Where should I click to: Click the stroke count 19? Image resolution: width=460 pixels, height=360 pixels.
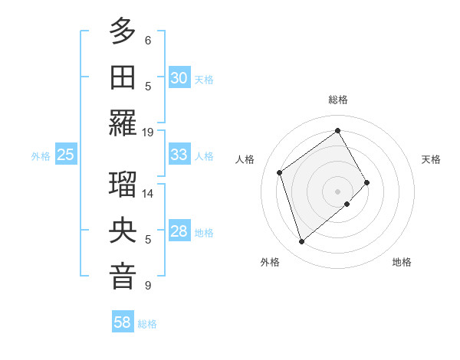coord(147,132)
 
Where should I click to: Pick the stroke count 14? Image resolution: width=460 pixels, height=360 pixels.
coord(148,194)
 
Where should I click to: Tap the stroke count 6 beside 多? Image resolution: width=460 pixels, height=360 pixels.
coord(148,40)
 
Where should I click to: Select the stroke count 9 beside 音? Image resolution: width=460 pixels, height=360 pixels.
coord(148,286)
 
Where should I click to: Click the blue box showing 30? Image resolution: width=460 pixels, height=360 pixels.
coord(179,77)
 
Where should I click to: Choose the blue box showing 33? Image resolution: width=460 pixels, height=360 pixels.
coord(179,155)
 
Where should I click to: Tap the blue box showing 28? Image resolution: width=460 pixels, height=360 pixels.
coord(179,232)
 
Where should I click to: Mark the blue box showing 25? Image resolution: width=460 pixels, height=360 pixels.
coord(66,155)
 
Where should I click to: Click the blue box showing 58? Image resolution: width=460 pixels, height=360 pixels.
coord(123,323)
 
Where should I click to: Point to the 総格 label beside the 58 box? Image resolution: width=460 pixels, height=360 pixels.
coord(148,324)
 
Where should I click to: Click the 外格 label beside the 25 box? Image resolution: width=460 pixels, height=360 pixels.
coord(41,155)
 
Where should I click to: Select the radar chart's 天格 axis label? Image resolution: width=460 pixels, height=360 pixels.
coord(431,159)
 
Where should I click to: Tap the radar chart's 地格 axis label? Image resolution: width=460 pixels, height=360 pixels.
coord(402,262)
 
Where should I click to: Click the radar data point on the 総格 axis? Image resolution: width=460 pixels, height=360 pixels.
coord(337,131)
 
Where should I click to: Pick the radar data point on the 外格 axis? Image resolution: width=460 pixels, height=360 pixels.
coord(301,242)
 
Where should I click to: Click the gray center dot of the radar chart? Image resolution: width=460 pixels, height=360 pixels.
coord(337,190)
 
